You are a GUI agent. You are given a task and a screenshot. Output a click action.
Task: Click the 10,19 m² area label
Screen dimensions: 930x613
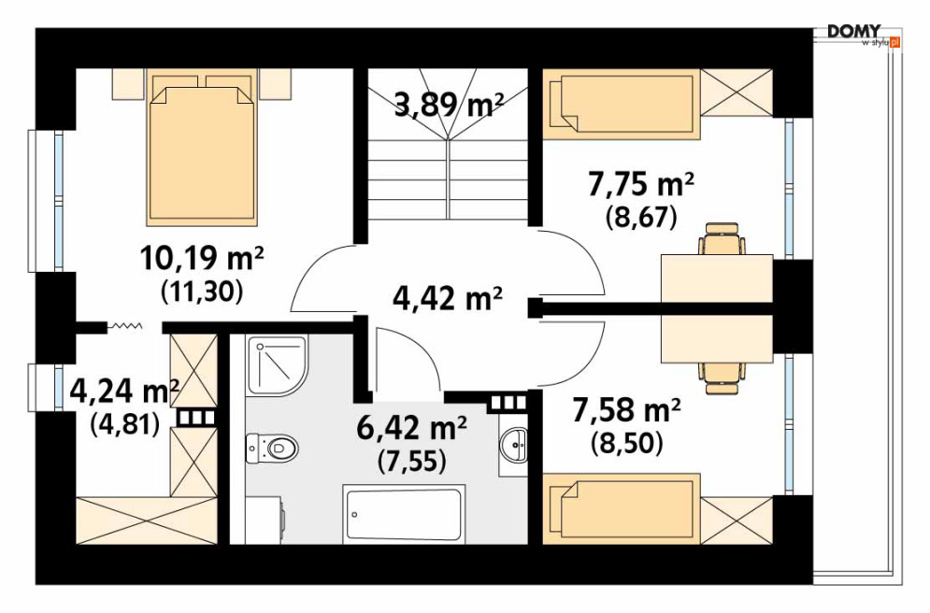coord(202,259)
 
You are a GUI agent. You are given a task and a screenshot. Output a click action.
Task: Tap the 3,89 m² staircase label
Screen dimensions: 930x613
coord(449,106)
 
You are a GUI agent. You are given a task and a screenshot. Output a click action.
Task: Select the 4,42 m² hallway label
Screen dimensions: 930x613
coord(448,298)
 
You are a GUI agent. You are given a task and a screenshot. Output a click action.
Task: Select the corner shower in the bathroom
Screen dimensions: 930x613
coord(277,366)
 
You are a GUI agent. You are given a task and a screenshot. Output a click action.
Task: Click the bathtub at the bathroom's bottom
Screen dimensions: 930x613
coord(404,513)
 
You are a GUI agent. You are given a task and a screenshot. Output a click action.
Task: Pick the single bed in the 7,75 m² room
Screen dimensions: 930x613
coord(622,105)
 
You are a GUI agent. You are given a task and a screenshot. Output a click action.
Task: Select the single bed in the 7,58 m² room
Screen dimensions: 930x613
coord(622,508)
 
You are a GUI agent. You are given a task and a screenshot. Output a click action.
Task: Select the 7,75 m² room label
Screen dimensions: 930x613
coord(640,185)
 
